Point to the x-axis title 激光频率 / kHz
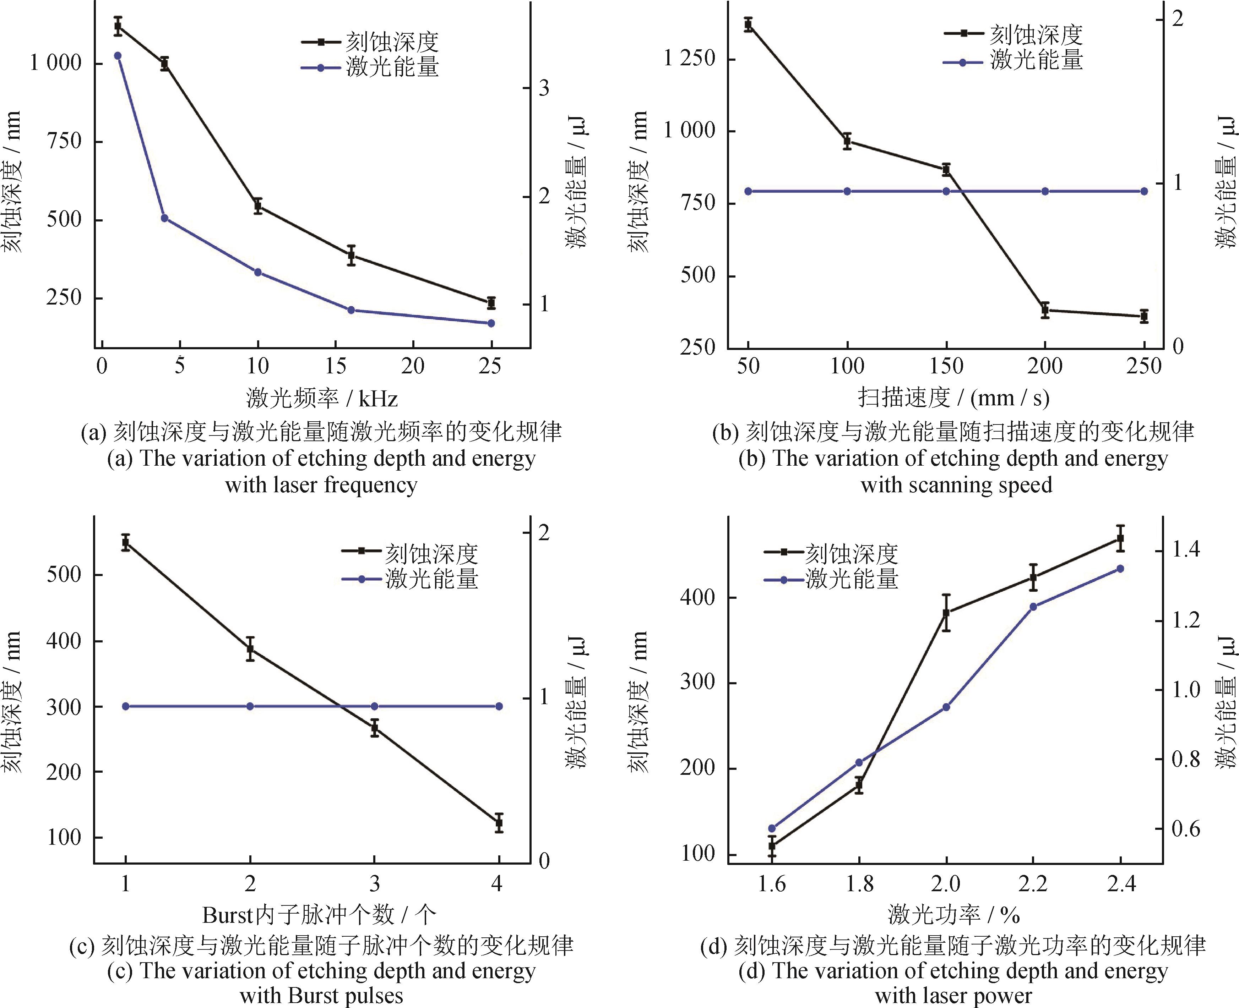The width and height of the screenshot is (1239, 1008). click(322, 398)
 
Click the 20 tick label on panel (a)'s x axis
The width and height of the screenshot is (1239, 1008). click(413, 366)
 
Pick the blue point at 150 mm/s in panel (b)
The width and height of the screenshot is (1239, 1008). click(946, 191)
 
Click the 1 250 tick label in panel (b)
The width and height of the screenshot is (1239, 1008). click(690, 58)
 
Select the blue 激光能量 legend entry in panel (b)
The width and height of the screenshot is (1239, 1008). click(1013, 60)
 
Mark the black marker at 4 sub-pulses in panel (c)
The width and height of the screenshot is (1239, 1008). click(498, 823)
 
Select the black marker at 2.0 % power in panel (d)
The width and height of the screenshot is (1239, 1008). click(946, 613)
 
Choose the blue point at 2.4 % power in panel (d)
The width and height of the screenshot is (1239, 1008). click(1120, 569)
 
